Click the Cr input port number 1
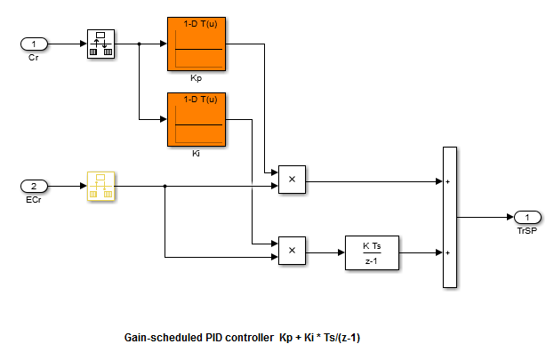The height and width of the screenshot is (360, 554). click(x=34, y=43)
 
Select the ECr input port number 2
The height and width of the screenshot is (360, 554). click(x=34, y=187)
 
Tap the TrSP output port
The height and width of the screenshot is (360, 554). click(x=526, y=217)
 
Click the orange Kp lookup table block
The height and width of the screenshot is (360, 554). click(x=195, y=43)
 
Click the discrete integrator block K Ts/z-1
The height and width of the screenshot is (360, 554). click(x=372, y=252)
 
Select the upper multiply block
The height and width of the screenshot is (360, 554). click(x=292, y=180)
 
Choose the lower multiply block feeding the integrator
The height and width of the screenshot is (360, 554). click(x=292, y=252)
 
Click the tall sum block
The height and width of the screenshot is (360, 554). click(x=449, y=217)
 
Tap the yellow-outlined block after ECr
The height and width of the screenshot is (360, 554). click(x=101, y=187)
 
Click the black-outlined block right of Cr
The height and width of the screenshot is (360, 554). click(x=101, y=43)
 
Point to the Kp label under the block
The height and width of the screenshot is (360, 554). click(x=195, y=78)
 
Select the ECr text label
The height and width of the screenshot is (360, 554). click(x=34, y=200)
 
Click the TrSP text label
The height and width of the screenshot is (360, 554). click(x=526, y=229)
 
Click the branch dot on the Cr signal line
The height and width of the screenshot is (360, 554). click(x=140, y=43)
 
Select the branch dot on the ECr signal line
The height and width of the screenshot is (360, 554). click(x=165, y=187)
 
